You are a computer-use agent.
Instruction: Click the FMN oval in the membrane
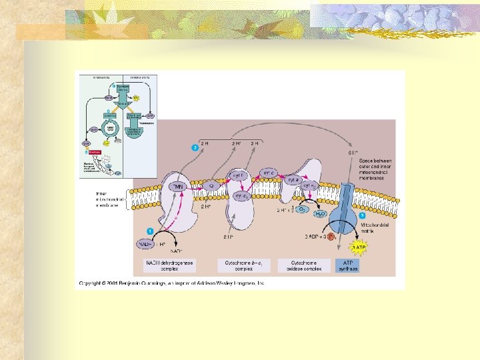click(x=178, y=186)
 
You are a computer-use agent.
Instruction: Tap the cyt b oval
click(x=238, y=175)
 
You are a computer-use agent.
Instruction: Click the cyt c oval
click(x=268, y=172)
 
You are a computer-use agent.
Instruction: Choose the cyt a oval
click(x=293, y=179)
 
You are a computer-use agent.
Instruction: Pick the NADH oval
click(x=148, y=245)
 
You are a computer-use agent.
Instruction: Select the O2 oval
click(x=302, y=210)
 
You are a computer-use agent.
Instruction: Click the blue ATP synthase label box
click(x=347, y=266)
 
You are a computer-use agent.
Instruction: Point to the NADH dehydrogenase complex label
click(x=169, y=266)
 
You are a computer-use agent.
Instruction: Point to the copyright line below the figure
click(x=172, y=283)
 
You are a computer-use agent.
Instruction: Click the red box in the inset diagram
click(x=95, y=152)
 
